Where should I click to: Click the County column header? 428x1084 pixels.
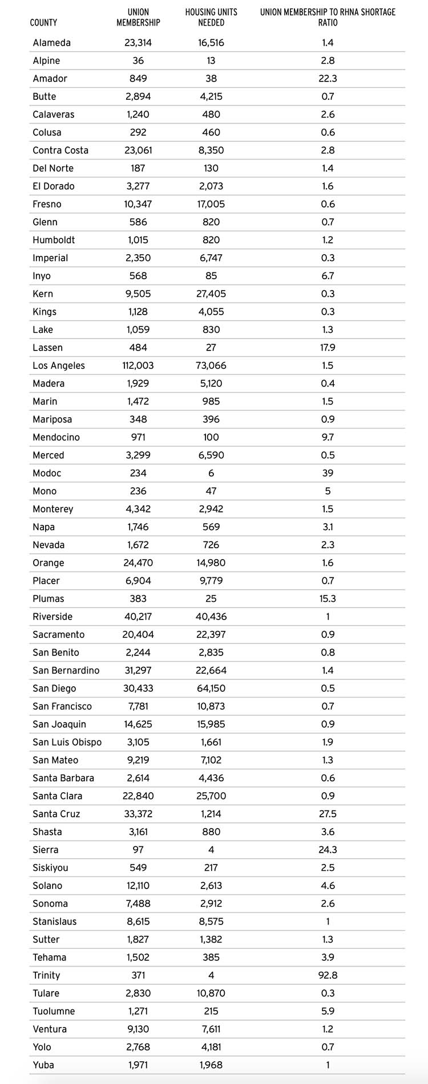coord(43,23)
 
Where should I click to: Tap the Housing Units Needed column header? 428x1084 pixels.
coord(211,17)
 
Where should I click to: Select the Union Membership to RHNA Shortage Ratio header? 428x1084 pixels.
coord(328,17)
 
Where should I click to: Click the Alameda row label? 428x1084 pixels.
coord(52,43)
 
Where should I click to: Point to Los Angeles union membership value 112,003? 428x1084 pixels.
coord(138,365)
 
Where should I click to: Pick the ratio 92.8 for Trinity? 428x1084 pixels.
coord(328,975)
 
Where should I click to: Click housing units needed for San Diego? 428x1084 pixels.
coord(211,688)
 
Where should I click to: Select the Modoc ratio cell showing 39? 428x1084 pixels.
coord(328,473)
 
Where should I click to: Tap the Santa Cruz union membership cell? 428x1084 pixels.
coord(138,814)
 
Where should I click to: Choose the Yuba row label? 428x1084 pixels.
coord(43,1065)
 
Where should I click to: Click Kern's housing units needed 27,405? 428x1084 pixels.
coord(211,294)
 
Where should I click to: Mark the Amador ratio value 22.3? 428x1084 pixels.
coord(328,79)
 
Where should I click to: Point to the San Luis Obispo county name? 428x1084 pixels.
coord(67,742)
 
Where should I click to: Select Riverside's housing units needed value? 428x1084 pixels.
coord(211,617)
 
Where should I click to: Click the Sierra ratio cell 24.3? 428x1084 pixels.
coord(328,850)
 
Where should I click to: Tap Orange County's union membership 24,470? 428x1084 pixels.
coord(138,563)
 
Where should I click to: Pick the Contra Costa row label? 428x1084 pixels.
coord(60,150)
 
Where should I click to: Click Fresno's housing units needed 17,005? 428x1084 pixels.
coord(211,204)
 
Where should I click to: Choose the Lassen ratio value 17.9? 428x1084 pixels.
coord(328,348)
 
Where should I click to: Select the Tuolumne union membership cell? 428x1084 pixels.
coord(138,1011)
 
